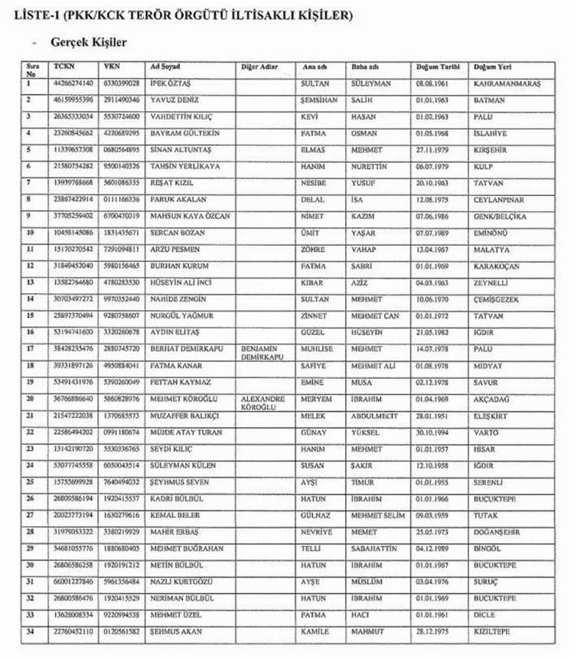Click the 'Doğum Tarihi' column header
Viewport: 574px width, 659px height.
(x=434, y=67)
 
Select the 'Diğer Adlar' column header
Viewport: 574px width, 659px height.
(x=259, y=67)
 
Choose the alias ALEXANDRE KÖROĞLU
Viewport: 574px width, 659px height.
(x=263, y=403)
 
